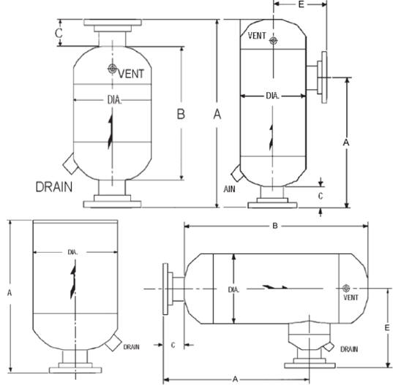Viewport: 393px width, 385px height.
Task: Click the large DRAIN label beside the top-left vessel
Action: pyautogui.click(x=54, y=186)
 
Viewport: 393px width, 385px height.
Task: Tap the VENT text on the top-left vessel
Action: pyautogui.click(x=132, y=73)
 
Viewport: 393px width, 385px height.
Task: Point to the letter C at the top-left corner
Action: pyautogui.click(x=59, y=33)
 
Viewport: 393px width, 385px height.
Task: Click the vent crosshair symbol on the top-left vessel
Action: pyautogui.click(x=111, y=69)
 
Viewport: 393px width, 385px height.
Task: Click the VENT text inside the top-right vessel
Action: pyautogui.click(x=258, y=36)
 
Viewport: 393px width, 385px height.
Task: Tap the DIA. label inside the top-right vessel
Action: pyautogui.click(x=272, y=96)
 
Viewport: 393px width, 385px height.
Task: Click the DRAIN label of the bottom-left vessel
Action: pyautogui.click(x=131, y=346)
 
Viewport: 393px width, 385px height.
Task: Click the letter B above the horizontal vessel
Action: pyautogui.click(x=274, y=226)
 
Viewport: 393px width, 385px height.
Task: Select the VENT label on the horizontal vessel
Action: pyautogui.click(x=351, y=297)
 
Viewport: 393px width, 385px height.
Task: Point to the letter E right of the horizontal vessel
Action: pyautogui.click(x=386, y=328)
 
